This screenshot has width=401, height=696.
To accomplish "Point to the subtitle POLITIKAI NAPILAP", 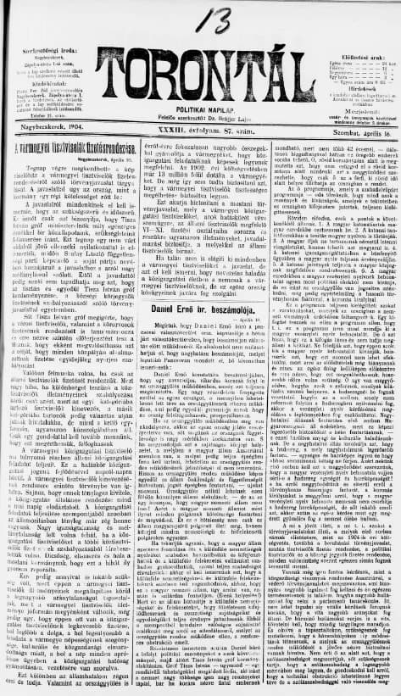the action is pos(201,97).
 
